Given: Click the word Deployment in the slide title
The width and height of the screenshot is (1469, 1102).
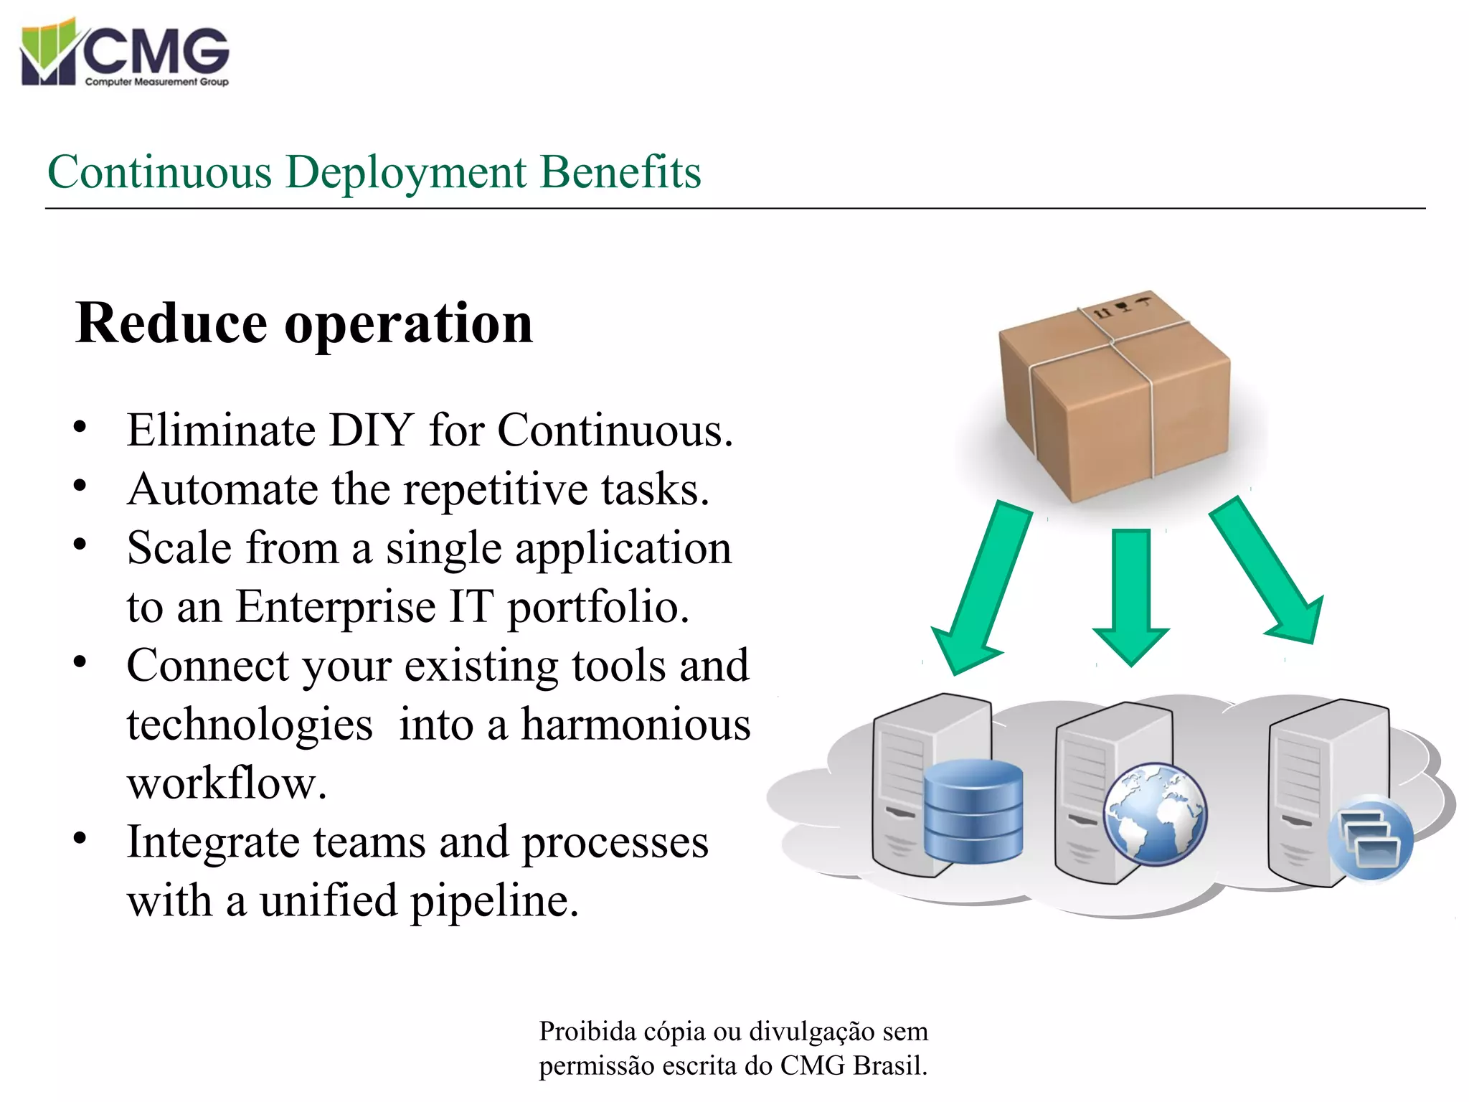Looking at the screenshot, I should tap(406, 174).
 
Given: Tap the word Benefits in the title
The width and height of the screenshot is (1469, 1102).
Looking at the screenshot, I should tap(620, 172).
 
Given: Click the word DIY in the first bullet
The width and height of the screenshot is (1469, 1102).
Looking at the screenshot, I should tap(371, 430).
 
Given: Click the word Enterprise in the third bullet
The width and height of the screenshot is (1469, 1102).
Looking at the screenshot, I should tap(336, 608).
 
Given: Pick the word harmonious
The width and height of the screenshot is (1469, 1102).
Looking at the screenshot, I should tap(636, 725).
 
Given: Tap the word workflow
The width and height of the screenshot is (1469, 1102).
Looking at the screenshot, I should tap(227, 783).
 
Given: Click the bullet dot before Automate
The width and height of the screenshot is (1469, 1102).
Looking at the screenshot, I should tap(80, 486).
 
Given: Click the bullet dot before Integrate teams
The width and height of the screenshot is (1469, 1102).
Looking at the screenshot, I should tap(80, 838).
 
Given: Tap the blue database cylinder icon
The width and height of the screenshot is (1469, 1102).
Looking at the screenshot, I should tap(973, 811).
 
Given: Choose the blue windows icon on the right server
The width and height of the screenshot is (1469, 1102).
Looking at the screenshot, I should tap(1370, 838).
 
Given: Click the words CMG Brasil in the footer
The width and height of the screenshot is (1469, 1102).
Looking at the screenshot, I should tap(854, 1066).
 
